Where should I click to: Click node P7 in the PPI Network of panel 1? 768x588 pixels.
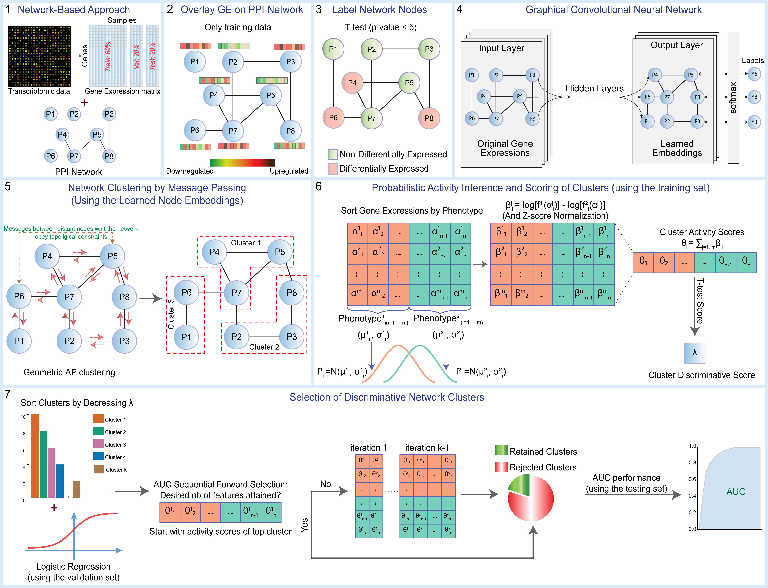coord(74,156)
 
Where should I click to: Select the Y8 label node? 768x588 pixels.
coord(754,97)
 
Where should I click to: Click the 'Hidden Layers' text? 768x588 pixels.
coord(595,89)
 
